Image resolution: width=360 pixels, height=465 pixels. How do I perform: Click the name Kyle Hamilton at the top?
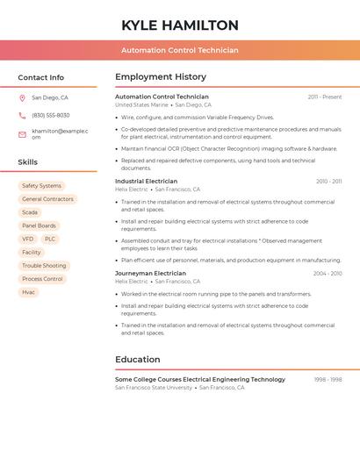[x=180, y=25]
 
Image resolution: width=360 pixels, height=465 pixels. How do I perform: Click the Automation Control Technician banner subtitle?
[x=180, y=50]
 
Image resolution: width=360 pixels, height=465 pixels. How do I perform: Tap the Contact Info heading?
[x=40, y=77]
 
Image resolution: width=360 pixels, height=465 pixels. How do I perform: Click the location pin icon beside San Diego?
[x=22, y=98]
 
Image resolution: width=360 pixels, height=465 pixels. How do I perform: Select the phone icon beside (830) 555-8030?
[x=22, y=115]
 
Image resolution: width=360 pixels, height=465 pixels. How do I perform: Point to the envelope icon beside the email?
[x=22, y=133]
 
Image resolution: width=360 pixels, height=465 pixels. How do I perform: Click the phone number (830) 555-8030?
[x=51, y=115]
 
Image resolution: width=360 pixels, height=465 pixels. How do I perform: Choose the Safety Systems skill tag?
[x=41, y=186]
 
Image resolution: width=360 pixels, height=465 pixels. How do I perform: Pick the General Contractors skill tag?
[x=47, y=199]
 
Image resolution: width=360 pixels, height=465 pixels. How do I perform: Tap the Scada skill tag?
[x=30, y=212]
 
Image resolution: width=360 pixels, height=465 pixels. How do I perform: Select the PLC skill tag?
[x=50, y=239]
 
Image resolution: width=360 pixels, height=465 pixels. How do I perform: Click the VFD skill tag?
[x=28, y=239]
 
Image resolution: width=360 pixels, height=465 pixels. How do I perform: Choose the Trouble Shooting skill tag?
[x=44, y=266]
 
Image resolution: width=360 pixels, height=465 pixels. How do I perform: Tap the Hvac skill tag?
[x=29, y=292]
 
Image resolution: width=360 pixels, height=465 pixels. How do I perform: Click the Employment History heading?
[x=161, y=77]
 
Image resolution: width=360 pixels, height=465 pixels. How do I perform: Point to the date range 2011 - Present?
[x=325, y=97]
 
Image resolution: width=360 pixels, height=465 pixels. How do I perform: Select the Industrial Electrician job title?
[x=146, y=182]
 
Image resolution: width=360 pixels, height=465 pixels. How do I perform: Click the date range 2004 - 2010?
[x=328, y=274]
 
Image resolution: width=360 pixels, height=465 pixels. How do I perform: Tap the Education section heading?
[x=137, y=360]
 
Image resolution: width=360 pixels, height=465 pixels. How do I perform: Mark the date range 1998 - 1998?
[x=328, y=380]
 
